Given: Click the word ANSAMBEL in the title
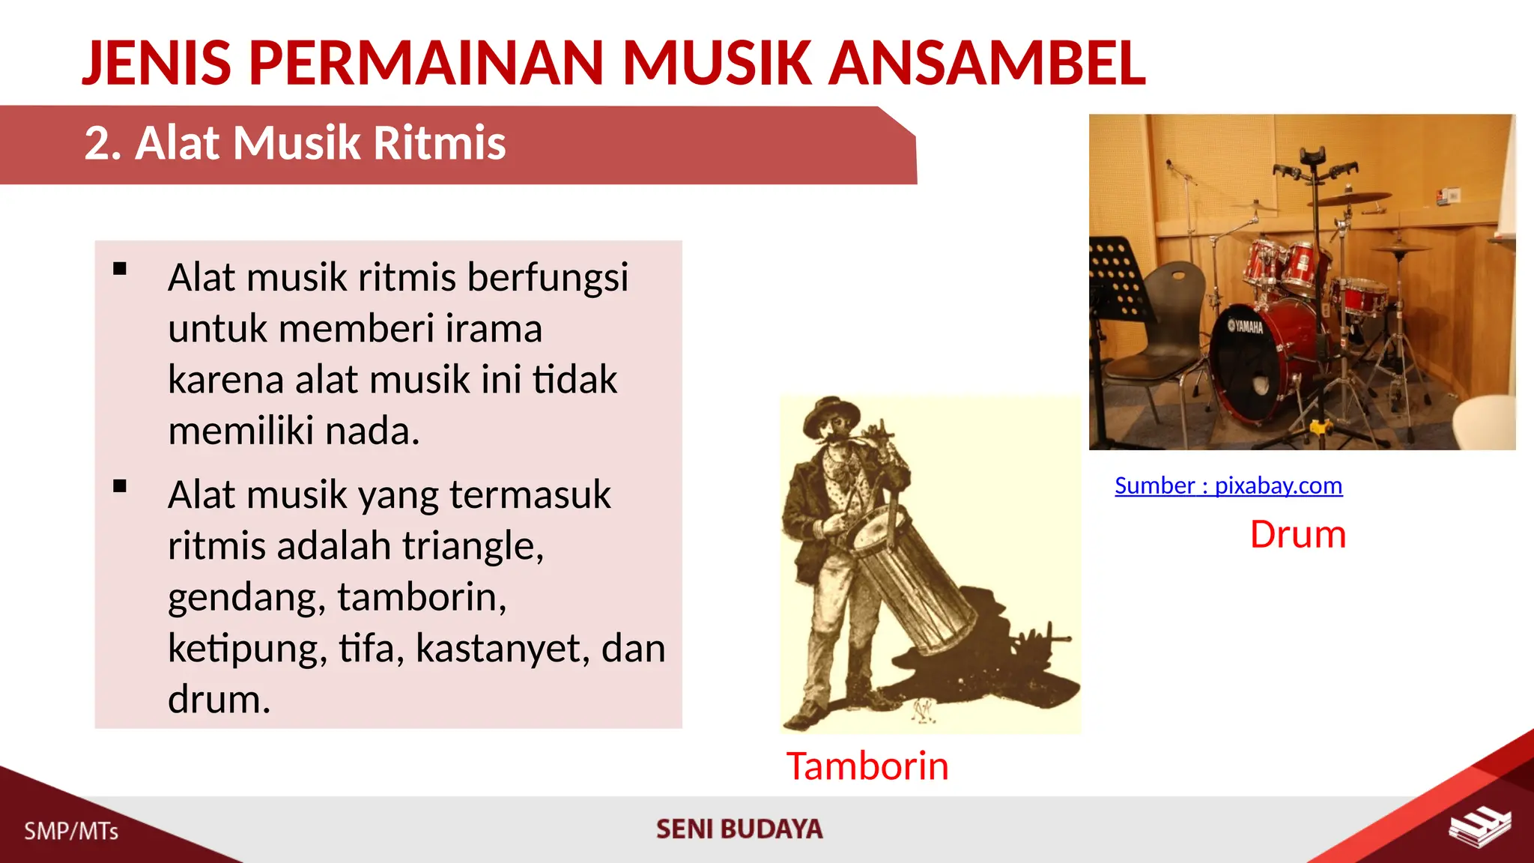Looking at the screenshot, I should pos(986,63).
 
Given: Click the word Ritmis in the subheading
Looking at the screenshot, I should pos(440,142).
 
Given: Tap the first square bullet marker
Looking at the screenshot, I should pos(120,269).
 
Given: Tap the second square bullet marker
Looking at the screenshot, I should pos(120,486).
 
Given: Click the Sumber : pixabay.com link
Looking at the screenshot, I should pos(1228,485).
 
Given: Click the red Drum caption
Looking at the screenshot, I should pos(1297,535).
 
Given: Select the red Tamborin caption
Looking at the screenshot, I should pos(867,766).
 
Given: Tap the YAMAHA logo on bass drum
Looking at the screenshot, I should pos(1245,327).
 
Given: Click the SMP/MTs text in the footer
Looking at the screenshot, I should pos(71,831).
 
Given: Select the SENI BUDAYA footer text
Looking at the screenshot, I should pos(739,829).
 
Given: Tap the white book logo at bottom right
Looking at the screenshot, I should pos(1479,827).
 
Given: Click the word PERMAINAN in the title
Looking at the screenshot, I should pos(426,63).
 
